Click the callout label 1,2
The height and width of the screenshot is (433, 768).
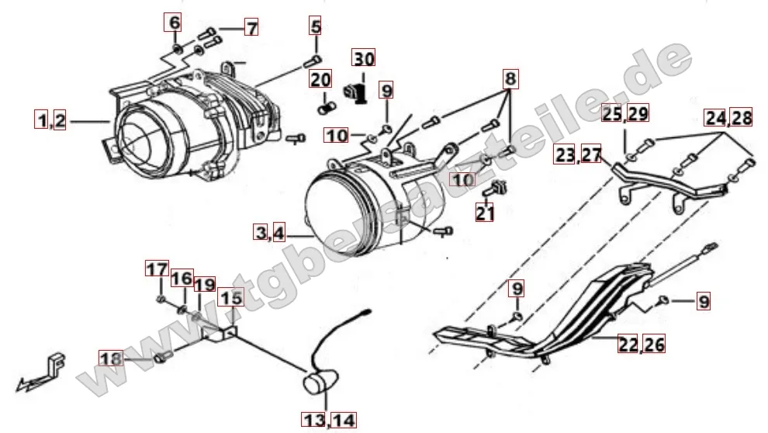(50, 120)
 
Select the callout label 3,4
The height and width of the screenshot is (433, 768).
(269, 231)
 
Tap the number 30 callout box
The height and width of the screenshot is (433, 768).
(364, 58)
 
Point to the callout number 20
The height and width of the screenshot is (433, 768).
(320, 79)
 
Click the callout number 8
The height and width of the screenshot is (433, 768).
(510, 78)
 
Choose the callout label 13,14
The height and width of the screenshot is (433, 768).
(330, 420)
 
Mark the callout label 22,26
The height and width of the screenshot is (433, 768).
(641, 343)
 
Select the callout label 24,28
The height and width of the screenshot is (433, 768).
(728, 118)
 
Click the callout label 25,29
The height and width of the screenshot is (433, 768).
(625, 113)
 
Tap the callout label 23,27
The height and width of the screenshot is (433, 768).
(578, 155)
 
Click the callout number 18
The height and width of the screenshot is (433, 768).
(112, 358)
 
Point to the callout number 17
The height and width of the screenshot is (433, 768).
(157, 269)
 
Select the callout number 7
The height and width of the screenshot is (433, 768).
(251, 28)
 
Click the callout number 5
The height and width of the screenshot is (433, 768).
(315, 27)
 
